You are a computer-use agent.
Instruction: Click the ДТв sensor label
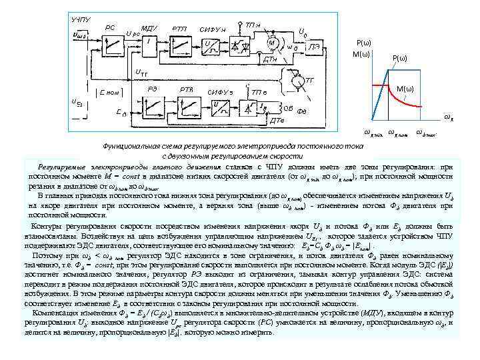pyautogui.click(x=277, y=120)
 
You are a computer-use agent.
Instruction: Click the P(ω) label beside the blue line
pyautogui.click(x=403, y=58)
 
